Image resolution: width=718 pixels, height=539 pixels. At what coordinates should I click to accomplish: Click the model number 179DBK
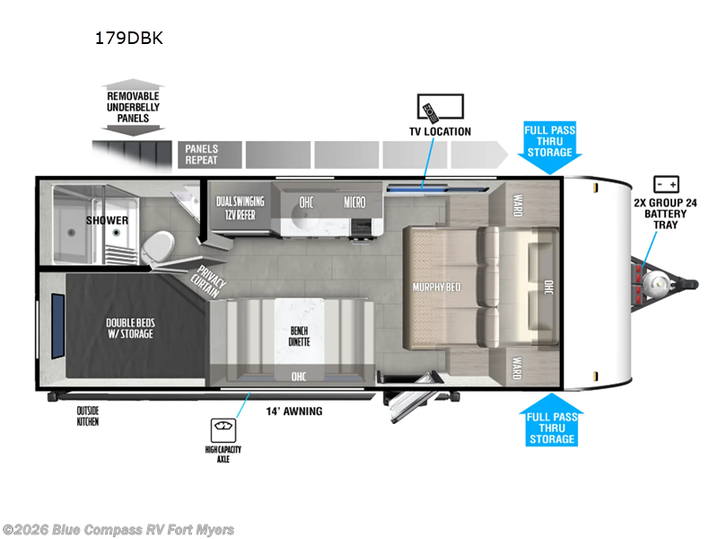point(128,38)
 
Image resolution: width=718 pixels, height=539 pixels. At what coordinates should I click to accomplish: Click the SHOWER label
point(107,220)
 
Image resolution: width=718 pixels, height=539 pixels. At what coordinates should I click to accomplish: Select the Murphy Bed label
point(436,287)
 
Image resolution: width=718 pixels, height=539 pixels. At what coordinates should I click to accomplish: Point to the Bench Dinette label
point(299,336)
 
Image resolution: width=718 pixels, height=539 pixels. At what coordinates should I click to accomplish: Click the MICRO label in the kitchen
point(355,202)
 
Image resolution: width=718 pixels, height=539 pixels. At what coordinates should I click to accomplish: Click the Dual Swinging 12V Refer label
point(240,208)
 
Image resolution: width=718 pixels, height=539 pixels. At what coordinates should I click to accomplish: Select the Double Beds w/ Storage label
point(130,328)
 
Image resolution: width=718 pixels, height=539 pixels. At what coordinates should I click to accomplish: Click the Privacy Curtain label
point(208,281)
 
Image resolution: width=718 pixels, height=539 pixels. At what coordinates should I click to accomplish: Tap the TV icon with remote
point(441,108)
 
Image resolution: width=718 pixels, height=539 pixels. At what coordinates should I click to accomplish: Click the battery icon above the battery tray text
point(666,184)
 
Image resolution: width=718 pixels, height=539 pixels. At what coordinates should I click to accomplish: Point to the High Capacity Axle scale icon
point(223,430)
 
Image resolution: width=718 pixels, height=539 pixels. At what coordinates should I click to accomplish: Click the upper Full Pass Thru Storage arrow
point(549,147)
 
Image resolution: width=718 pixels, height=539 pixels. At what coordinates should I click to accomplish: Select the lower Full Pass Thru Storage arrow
point(552,420)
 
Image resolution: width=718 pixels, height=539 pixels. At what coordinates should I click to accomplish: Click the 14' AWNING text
point(294,411)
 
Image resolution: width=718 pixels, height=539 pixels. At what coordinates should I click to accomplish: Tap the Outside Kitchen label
point(87,416)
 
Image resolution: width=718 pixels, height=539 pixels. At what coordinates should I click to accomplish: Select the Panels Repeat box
point(210,155)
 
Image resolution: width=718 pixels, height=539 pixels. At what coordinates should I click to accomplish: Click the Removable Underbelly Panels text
point(133,107)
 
